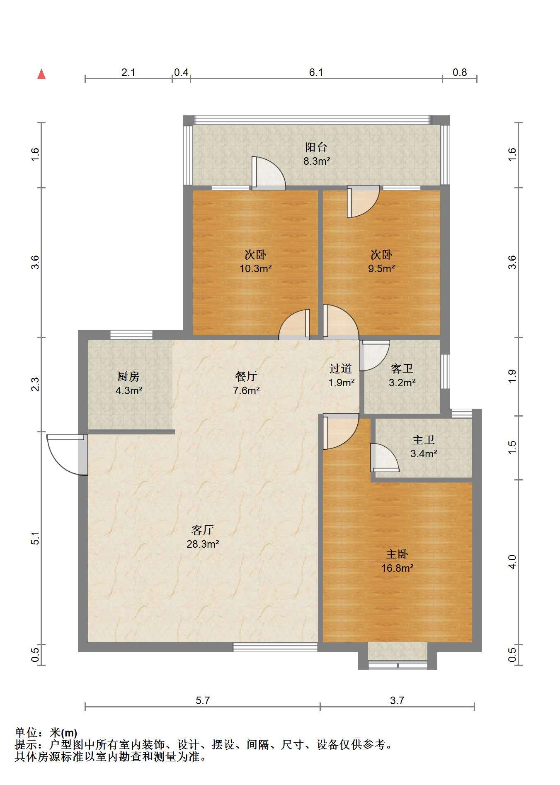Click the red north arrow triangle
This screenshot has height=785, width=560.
coord(41,74)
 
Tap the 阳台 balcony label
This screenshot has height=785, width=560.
coord(316,147)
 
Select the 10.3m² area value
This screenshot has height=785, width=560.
coord(255,268)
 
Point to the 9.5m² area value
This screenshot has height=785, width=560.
coord(381,268)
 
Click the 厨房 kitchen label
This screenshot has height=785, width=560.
coord(128,376)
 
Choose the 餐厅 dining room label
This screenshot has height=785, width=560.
coord(246,376)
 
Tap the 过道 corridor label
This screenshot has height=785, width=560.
coord(341,368)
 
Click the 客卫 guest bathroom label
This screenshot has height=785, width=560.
coord(402,368)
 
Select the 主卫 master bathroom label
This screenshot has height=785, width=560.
coord(424,439)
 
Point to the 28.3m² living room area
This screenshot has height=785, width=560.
coord(203,544)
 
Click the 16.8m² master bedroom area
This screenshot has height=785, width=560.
coord(397,568)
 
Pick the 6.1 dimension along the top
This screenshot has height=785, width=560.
coord(316,73)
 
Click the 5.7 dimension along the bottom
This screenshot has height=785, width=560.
coord(203,701)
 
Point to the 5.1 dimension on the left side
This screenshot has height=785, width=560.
coord(36,538)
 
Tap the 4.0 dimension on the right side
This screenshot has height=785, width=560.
coord(513,562)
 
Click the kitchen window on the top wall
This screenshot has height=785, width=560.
coord(131,335)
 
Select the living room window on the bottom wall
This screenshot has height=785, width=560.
coord(275,647)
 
